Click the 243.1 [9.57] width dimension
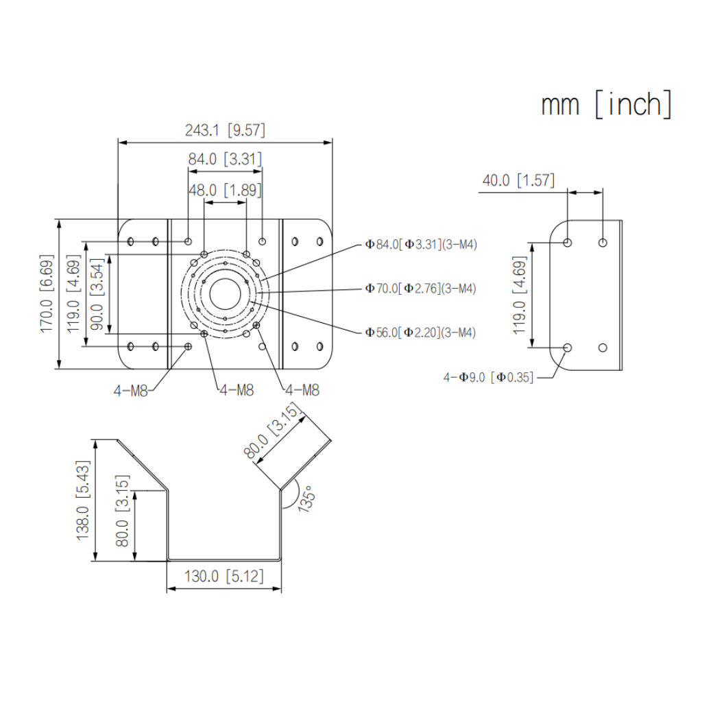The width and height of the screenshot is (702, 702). [225, 130]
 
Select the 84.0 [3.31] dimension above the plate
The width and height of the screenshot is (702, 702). [225, 160]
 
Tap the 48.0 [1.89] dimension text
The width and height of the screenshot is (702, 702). [225, 191]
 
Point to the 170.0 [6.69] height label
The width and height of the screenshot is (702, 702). [47, 294]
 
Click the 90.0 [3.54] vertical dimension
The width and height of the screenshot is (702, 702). [97, 294]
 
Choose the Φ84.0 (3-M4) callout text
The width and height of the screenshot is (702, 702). [421, 244]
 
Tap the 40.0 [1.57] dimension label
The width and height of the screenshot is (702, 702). [518, 180]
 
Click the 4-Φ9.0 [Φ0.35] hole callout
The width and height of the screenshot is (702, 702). [488, 376]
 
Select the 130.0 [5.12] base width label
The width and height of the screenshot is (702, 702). [224, 576]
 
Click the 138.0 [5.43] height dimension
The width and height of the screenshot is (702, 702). [83, 500]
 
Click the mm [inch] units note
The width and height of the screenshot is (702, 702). [606, 105]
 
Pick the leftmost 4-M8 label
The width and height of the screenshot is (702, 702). [130, 391]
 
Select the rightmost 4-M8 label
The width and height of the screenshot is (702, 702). [302, 391]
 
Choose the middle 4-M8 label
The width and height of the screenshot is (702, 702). [237, 391]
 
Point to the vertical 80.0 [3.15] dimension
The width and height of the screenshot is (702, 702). [123, 510]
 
